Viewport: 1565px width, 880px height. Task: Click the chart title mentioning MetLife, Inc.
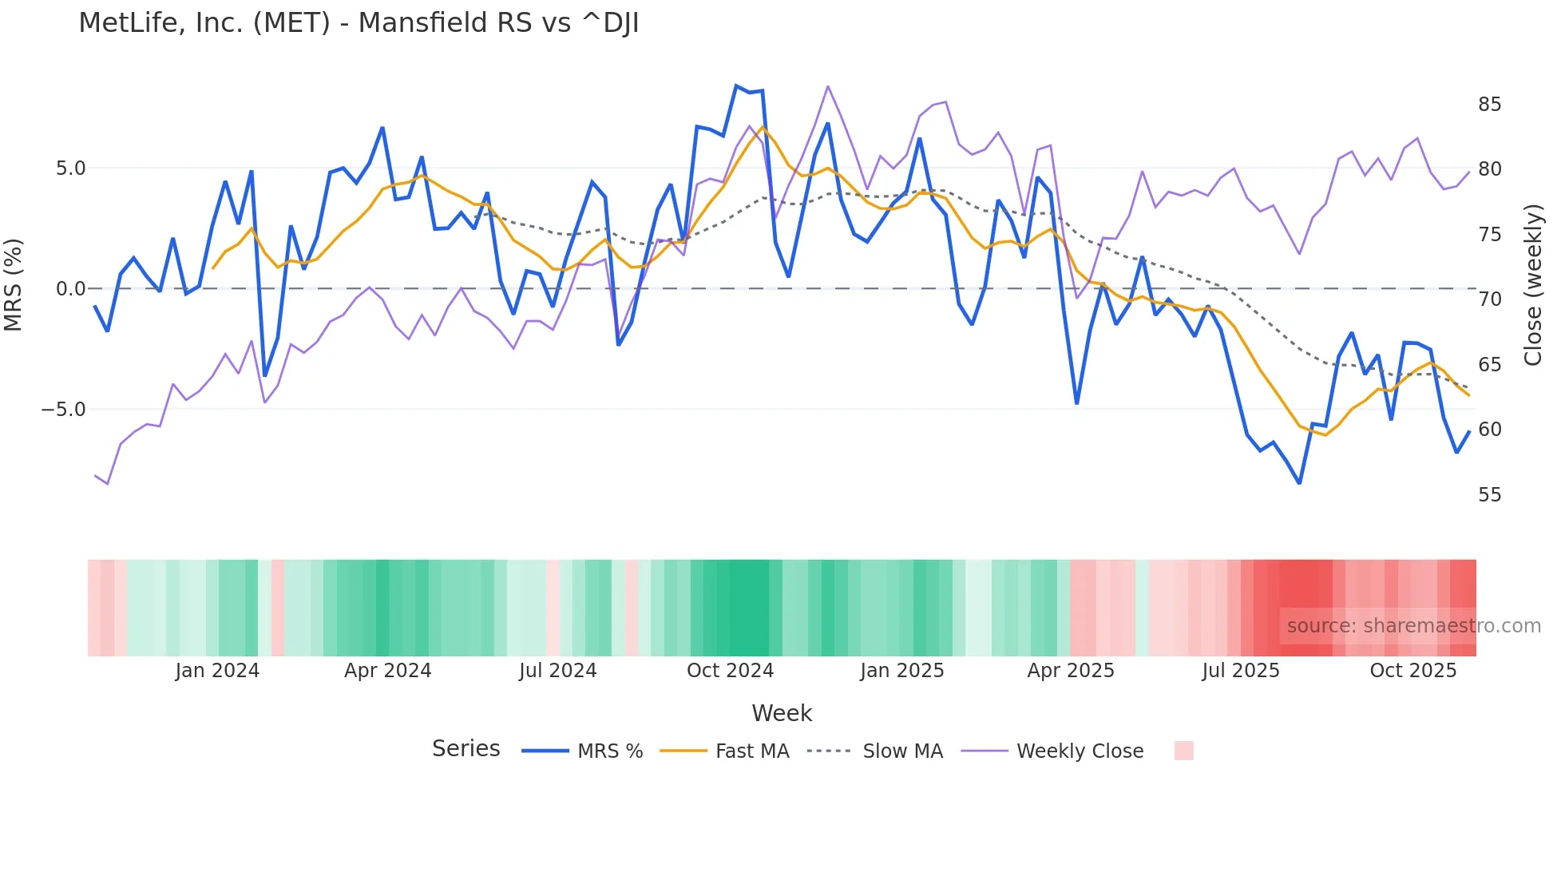(359, 23)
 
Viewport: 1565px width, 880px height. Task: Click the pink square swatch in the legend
(1183, 751)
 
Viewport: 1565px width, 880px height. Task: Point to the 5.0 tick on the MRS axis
(70, 168)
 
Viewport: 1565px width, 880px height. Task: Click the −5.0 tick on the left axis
(64, 410)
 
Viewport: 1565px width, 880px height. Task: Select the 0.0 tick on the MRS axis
(70, 289)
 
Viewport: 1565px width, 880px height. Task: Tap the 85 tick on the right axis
(1489, 105)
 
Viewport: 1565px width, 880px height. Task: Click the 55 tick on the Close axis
(1489, 495)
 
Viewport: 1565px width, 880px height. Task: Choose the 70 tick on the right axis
(1489, 299)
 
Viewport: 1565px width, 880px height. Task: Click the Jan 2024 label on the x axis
(217, 671)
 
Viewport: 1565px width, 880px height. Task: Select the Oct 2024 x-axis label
(730, 671)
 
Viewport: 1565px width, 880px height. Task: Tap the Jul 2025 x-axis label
(1240, 671)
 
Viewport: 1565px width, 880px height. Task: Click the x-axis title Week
(782, 713)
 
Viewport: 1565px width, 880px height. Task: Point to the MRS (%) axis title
(14, 285)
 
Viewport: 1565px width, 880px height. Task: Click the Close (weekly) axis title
(1533, 285)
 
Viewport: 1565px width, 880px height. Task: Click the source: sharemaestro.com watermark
(1413, 626)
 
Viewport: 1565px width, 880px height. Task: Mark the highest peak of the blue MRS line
(736, 85)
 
